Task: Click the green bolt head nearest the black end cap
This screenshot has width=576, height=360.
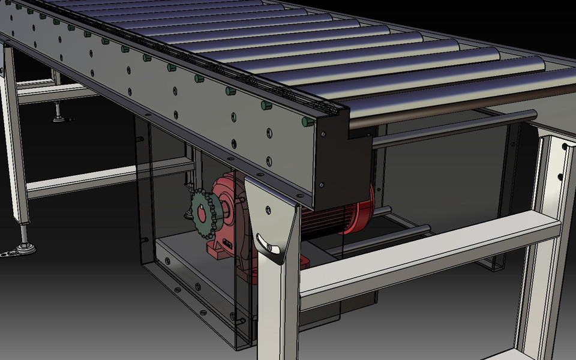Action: tap(306, 122)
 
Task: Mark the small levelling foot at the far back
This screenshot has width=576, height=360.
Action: tap(59, 116)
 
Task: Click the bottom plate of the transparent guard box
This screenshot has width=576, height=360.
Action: tap(192, 282)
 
